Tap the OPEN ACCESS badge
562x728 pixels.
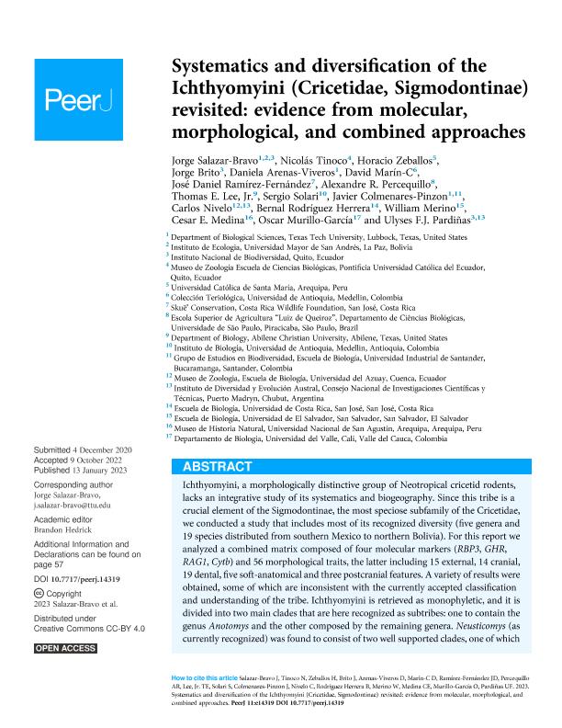pos(65,649)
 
